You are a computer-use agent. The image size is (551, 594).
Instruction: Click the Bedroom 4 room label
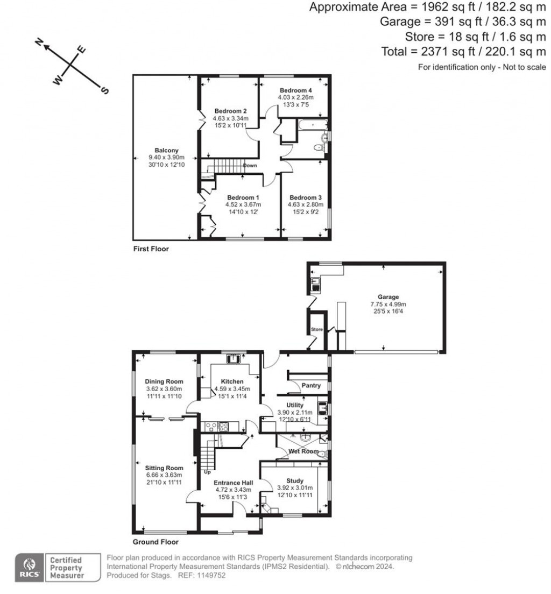click(x=295, y=90)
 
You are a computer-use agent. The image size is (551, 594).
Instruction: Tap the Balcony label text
click(x=166, y=150)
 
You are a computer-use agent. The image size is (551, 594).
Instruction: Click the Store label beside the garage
click(x=316, y=330)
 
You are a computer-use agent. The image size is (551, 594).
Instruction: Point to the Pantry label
click(x=311, y=386)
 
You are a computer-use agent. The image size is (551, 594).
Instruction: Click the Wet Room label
click(x=303, y=451)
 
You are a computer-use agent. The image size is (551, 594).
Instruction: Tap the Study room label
click(x=294, y=481)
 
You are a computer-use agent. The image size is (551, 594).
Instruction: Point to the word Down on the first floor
click(x=250, y=166)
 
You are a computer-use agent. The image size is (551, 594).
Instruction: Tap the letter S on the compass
click(x=104, y=91)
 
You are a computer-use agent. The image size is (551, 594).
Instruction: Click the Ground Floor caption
click(x=156, y=542)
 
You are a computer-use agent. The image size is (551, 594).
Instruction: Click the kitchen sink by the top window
click(x=233, y=358)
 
